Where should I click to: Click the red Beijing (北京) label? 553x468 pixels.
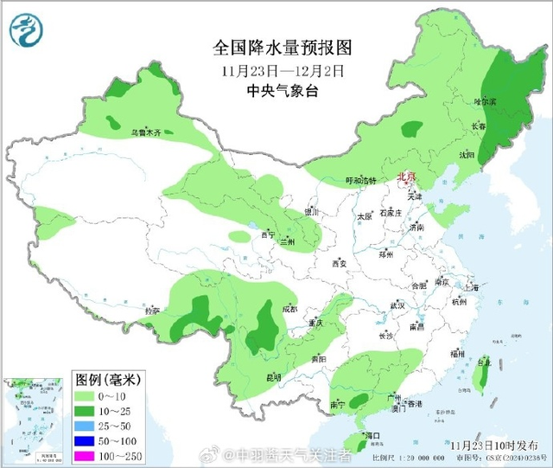pos(405,176)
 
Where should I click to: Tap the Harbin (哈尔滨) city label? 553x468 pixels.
pos(486,102)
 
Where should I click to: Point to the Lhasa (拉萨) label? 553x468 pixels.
pos(152,311)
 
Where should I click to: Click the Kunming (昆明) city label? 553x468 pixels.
pos(273,377)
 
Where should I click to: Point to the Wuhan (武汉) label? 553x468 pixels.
pos(397,305)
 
